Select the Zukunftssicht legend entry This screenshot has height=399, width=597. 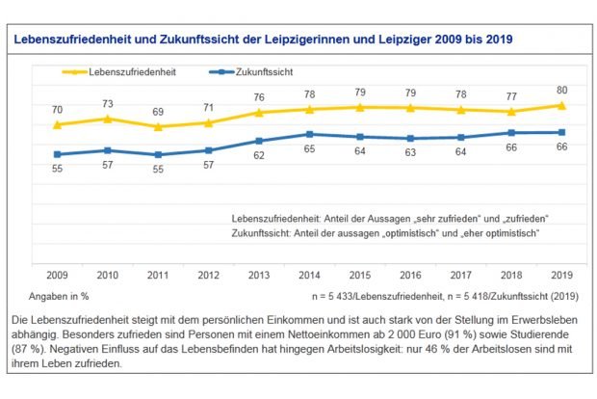pyautogui.click(x=253, y=72)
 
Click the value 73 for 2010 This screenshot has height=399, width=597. pyautogui.click(x=108, y=104)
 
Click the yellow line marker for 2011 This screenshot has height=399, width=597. pyautogui.click(x=158, y=126)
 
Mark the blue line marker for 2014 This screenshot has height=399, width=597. pyautogui.click(x=309, y=134)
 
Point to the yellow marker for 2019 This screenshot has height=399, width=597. pyautogui.click(x=561, y=105)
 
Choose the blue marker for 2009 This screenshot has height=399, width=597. pyautogui.click(x=58, y=154)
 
